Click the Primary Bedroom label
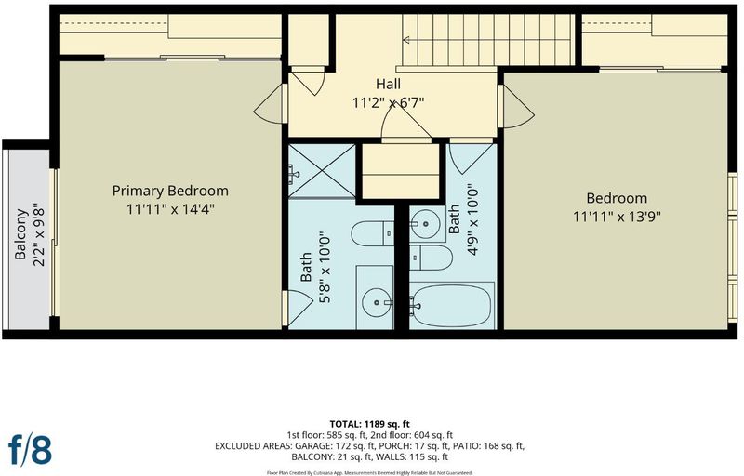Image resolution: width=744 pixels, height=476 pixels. pos(170,191)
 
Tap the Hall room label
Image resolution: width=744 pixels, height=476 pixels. pos(388,85)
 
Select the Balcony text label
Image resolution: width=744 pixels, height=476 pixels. pos(20,234)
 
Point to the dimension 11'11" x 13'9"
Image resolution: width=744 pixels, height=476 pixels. pos(617,217)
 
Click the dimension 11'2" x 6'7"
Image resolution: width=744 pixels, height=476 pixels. pos(388,102)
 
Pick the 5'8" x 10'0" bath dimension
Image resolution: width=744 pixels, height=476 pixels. pos(325,268)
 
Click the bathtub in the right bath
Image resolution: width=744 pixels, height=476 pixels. pos(451,306)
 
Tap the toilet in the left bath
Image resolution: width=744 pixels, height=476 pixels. pos(373,233)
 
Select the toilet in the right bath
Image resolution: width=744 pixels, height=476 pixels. pos(431,258)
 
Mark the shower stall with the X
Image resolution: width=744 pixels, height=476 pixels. pos(322,171)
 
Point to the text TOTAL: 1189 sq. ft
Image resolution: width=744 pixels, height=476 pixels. pos(369,424)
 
